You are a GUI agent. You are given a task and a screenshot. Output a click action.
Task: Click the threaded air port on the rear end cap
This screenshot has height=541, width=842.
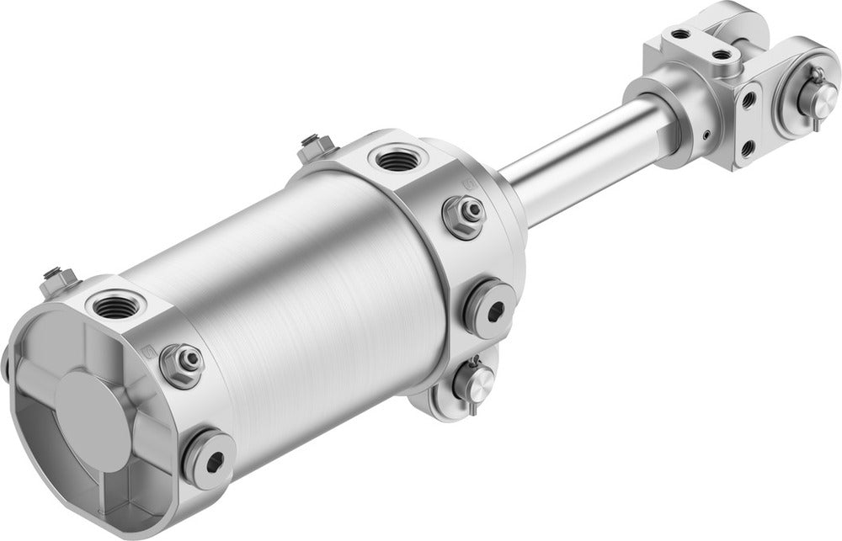point(113,306)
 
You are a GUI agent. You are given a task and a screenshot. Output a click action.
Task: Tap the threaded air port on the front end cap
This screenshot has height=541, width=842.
point(394,157)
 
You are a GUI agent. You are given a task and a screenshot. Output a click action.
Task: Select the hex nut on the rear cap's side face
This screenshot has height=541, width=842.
point(183,363)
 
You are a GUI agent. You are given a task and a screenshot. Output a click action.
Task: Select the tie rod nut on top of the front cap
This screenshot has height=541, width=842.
point(313,147)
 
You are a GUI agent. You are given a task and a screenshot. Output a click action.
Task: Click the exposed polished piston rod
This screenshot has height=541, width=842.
point(581,156)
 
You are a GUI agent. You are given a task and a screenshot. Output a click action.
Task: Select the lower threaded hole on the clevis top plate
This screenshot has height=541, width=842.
point(721,55)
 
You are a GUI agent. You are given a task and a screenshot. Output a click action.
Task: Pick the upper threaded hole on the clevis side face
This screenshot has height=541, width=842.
point(747,100)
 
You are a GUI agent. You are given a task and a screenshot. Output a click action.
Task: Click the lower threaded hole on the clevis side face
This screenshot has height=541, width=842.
point(747,149)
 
